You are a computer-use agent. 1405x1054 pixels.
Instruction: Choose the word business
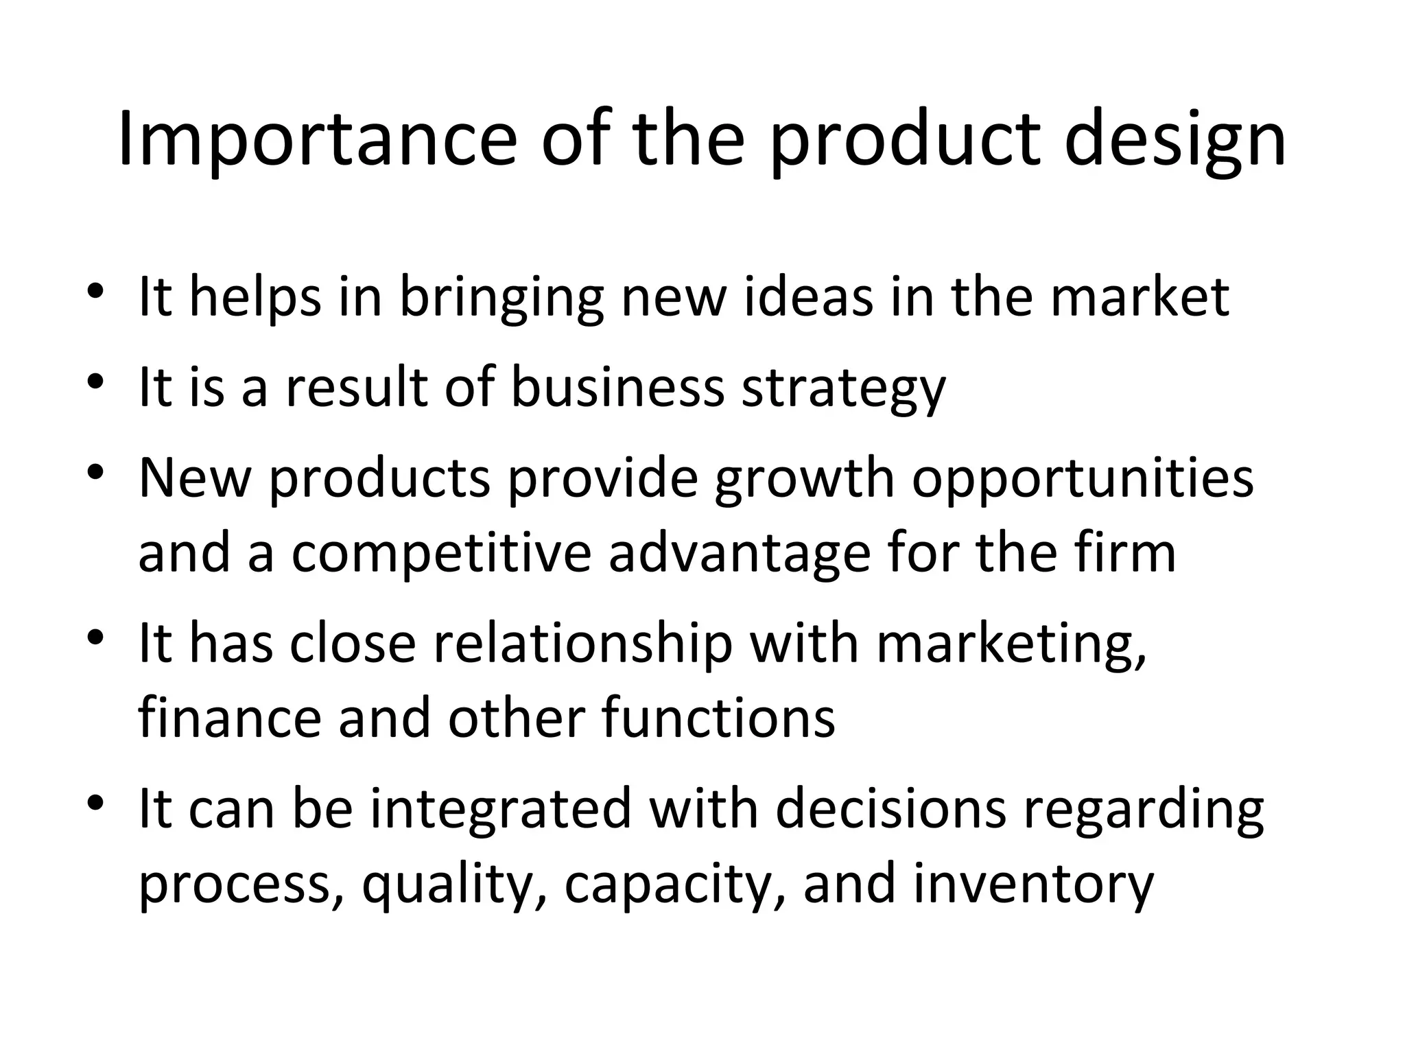click(617, 387)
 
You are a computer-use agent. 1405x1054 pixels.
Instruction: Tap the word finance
click(230, 718)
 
